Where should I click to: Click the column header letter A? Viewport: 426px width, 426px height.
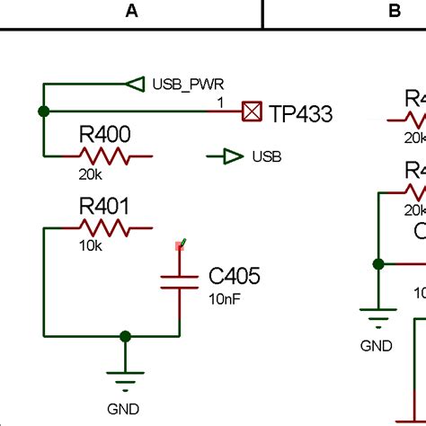[x=132, y=11]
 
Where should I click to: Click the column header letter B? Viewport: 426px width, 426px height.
[x=395, y=11]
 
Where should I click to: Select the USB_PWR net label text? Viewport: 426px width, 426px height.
[x=189, y=84]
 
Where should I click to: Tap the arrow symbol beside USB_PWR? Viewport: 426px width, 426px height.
[x=135, y=84]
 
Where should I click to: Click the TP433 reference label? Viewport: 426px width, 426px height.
[x=301, y=113]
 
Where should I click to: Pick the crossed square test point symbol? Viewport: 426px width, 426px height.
[x=253, y=111]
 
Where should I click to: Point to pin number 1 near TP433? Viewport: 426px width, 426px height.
[x=220, y=102]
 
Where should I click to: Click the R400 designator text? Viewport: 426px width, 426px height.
[x=105, y=136]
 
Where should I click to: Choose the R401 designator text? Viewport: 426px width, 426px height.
[x=104, y=207]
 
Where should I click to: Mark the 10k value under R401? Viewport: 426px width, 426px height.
[x=90, y=244]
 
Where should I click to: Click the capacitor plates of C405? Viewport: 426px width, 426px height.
[x=179, y=282]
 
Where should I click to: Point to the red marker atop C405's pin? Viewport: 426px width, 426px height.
[x=180, y=244]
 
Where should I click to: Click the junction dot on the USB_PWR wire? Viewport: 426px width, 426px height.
[x=43, y=111]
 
